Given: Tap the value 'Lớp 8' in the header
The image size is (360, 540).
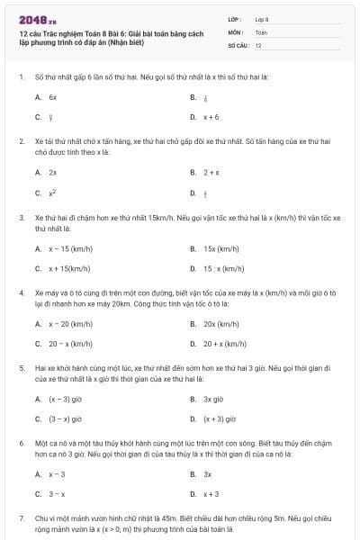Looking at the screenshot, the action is (262, 19).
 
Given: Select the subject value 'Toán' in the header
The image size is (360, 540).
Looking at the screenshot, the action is (261, 31).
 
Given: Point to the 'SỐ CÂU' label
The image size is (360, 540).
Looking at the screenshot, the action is (238, 44).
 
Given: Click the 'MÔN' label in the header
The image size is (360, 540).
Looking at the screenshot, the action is (235, 31).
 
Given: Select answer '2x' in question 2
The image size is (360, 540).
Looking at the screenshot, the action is (53, 172).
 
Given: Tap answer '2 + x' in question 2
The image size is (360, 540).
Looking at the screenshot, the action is (211, 172).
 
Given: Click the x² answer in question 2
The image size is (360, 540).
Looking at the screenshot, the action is (53, 193).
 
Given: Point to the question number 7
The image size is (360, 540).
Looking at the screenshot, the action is (21, 520).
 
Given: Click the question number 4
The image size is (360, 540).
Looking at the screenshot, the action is (21, 293).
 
